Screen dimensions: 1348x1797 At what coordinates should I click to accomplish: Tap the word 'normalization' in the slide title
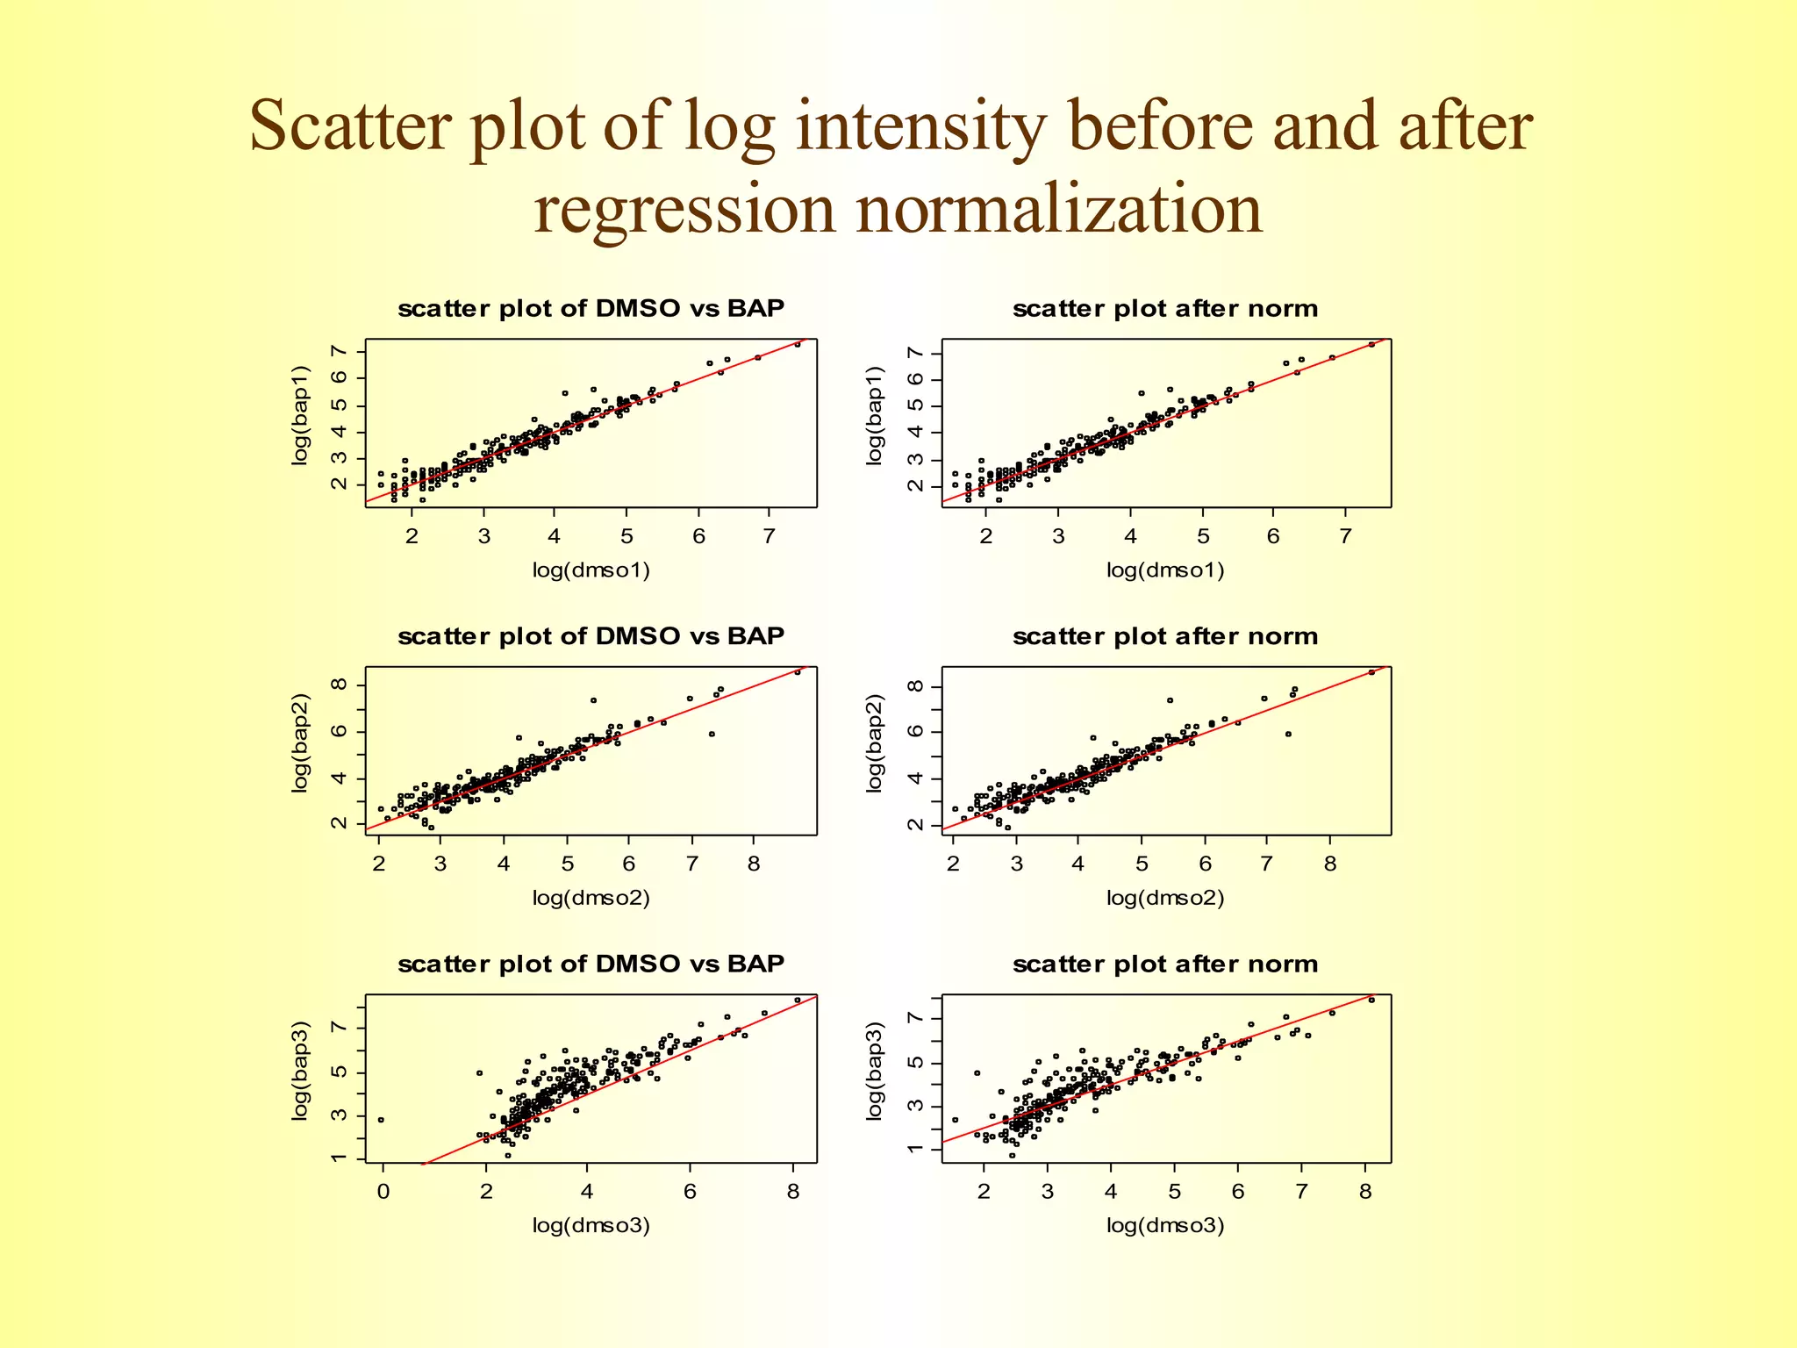point(1057,211)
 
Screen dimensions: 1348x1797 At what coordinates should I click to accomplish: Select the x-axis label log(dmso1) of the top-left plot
point(591,570)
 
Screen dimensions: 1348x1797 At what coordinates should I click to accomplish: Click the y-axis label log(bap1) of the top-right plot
point(874,415)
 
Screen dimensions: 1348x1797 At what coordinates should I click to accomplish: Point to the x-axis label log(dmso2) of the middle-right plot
point(1164,898)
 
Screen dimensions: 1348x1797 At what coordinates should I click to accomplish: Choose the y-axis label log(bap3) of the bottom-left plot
point(300,1071)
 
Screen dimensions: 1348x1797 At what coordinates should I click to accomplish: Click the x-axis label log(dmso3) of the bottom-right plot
point(1164,1225)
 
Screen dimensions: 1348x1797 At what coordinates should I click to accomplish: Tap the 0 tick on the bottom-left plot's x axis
point(383,1192)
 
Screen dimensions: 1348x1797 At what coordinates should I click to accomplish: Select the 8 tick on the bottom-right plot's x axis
point(1365,1192)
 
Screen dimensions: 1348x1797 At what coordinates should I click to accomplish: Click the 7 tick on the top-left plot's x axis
point(770,536)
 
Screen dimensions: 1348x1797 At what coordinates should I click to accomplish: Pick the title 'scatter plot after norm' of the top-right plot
point(1164,309)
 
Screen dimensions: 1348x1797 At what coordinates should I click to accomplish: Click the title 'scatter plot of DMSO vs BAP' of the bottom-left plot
point(591,964)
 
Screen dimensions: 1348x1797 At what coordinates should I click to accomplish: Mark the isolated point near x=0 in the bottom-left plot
point(381,1120)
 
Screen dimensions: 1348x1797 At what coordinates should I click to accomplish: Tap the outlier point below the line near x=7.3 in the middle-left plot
point(712,734)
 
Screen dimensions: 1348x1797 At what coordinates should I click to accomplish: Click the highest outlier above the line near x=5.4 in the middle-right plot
point(1170,700)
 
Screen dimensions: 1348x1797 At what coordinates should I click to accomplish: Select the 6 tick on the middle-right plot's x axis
point(1205,864)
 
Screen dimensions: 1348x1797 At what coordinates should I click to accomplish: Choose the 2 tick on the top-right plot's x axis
point(986,536)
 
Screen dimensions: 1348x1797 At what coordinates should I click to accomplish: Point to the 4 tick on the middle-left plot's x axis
point(504,864)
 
